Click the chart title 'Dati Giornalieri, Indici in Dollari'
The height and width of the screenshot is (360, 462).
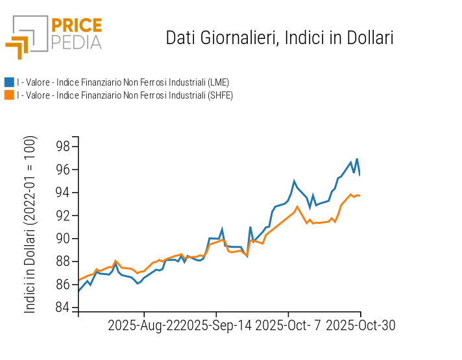280,38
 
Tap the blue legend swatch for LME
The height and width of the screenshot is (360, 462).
9,82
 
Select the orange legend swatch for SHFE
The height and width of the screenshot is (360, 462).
9,95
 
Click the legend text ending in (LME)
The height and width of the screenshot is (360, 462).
123,82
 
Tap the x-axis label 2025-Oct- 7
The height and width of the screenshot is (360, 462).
289,325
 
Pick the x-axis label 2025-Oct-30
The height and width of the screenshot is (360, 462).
360,325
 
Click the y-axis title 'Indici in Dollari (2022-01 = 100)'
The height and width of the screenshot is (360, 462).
30,224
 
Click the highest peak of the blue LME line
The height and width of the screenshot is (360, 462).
357,159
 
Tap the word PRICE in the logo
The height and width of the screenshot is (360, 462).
77,25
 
